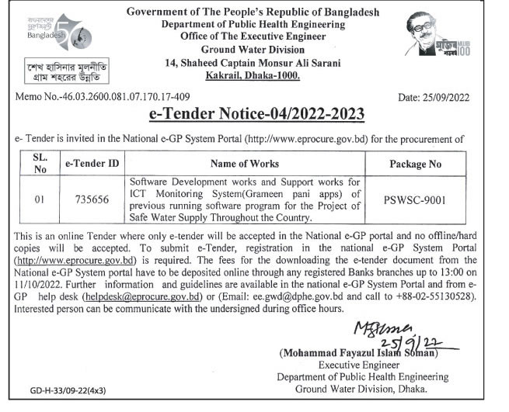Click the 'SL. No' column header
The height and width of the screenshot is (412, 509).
40,163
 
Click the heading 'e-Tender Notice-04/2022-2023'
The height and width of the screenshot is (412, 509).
256,114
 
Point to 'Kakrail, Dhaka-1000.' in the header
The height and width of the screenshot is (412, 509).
255,75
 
